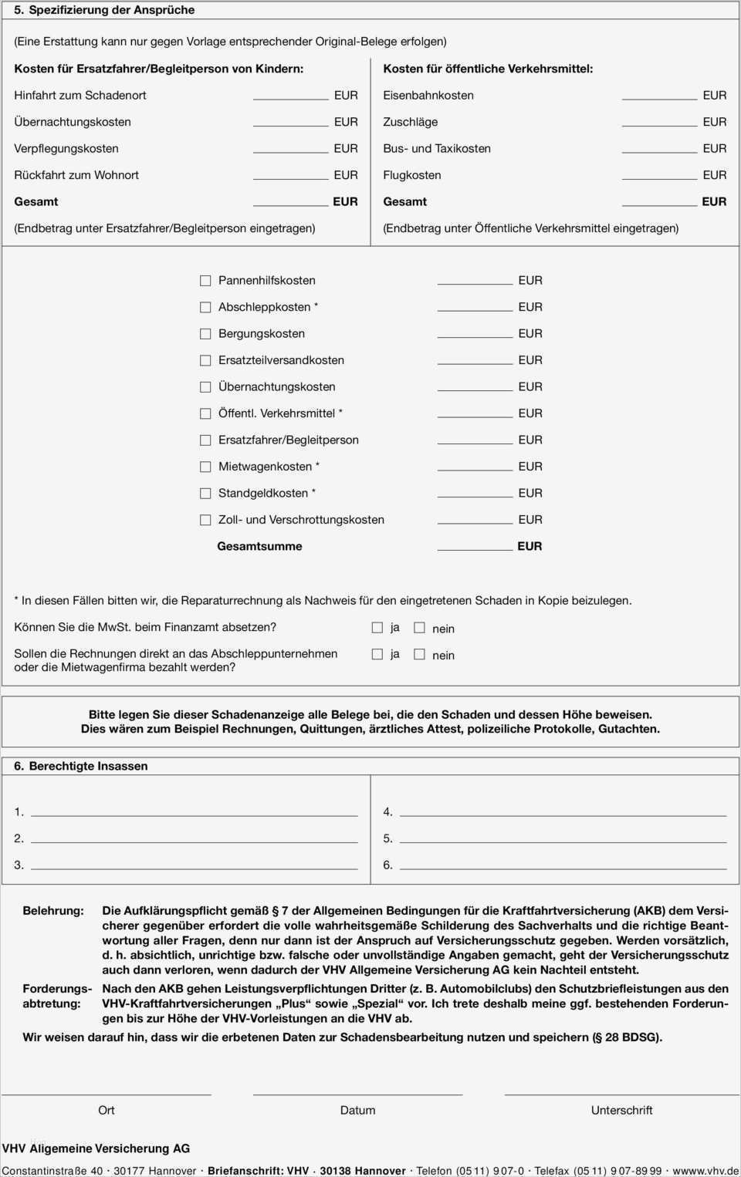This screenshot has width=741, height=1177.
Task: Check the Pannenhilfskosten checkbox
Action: coord(205,281)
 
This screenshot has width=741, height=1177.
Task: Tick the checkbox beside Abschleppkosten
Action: coord(205,307)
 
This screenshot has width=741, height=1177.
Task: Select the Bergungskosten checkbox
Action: coord(205,334)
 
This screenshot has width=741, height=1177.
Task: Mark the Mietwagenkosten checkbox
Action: coord(205,467)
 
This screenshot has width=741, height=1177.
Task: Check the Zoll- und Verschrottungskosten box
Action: coord(205,520)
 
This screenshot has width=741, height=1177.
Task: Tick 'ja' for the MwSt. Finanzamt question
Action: coord(377,628)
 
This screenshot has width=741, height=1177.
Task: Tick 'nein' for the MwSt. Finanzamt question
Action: coord(420,628)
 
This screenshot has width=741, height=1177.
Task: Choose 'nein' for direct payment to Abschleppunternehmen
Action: coord(420,654)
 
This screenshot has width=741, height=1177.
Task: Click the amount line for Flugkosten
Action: coord(659,175)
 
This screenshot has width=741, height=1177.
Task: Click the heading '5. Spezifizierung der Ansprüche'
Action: coord(104,10)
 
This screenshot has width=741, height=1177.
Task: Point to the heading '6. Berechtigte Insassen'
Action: coord(81,766)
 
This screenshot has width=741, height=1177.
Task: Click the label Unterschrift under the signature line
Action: coord(621,1110)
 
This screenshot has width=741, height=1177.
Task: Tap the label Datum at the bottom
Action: coord(357,1110)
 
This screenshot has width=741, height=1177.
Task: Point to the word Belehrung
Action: coord(53,911)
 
